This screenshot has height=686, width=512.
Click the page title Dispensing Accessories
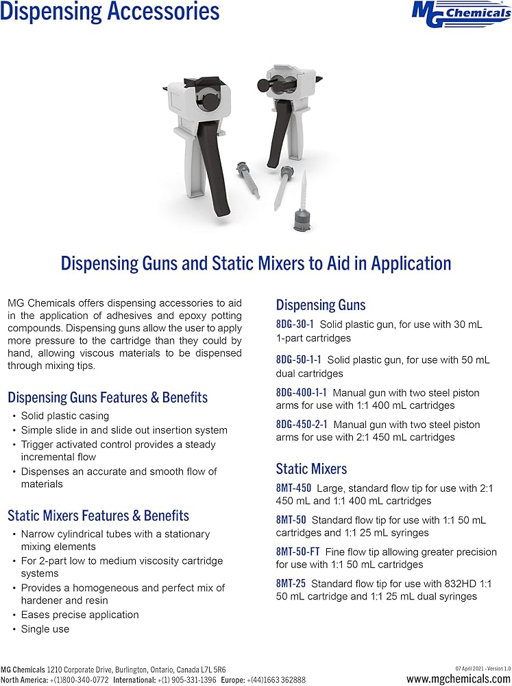point(110,12)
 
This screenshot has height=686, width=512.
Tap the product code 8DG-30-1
point(295,324)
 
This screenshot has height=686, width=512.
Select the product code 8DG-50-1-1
point(299,359)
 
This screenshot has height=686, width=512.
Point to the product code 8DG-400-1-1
point(302,393)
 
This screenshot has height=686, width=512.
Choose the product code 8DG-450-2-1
point(302,425)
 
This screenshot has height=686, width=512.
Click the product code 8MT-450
point(293,488)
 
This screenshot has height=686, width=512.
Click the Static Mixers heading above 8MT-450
point(311,469)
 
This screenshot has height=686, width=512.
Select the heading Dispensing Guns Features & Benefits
point(108,397)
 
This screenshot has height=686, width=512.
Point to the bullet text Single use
point(45,628)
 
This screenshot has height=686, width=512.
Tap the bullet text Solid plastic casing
point(65,416)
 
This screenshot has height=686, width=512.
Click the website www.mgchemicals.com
point(458,679)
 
